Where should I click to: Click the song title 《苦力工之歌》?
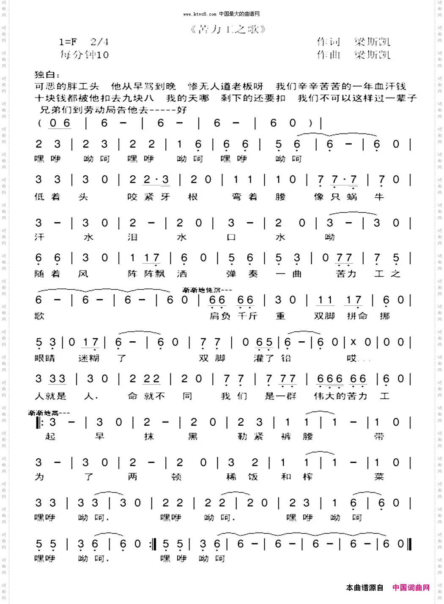click(228, 29)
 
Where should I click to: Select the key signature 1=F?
click(68, 42)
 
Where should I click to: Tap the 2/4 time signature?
click(99, 42)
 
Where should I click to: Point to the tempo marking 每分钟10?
click(84, 54)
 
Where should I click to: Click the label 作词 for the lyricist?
click(328, 41)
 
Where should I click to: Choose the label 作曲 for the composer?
click(328, 54)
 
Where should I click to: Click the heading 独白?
click(47, 75)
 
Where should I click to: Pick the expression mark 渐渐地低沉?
click(207, 290)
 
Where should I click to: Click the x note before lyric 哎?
click(353, 342)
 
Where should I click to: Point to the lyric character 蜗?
click(352, 197)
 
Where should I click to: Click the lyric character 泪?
click(132, 237)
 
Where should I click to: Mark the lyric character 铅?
click(286, 358)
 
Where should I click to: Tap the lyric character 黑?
click(193, 436)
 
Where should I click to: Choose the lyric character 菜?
click(379, 477)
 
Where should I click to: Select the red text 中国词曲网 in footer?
click(411, 588)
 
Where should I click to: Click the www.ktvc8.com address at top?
click(200, 14)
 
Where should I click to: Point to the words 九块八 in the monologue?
click(138, 98)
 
